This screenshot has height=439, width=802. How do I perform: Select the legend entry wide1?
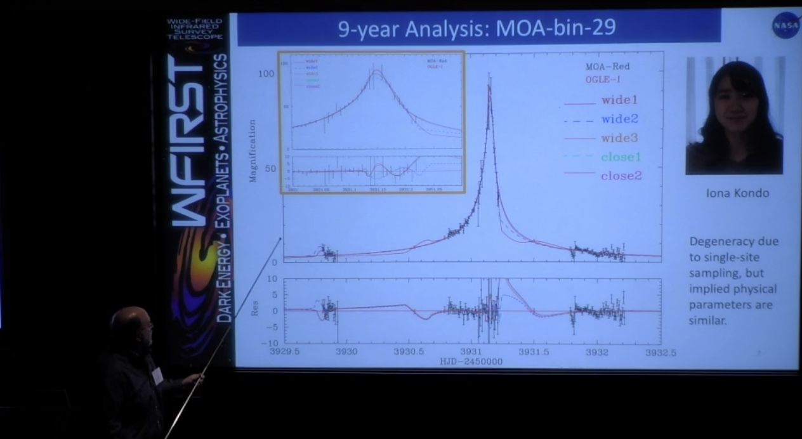pyautogui.click(x=619, y=100)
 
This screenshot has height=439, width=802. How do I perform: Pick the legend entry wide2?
pyautogui.click(x=619, y=119)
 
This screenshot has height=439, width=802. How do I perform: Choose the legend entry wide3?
pyautogui.click(x=619, y=138)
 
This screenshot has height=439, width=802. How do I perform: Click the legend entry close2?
pyautogui.click(x=621, y=176)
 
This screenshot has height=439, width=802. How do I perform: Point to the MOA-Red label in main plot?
pyautogui.click(x=607, y=66)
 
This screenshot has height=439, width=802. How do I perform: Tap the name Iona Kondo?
pyautogui.click(x=737, y=193)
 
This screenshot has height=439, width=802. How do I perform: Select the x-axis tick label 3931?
pyautogui.click(x=471, y=352)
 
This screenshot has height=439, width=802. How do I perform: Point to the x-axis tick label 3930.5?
pyautogui.click(x=409, y=352)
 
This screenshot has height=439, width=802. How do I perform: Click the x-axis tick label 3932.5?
pyautogui.click(x=661, y=352)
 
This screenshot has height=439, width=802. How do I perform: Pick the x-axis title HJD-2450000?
pyautogui.click(x=471, y=362)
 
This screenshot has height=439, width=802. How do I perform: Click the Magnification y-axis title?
pyautogui.click(x=253, y=151)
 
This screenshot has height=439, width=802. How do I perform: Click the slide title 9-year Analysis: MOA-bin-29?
pyautogui.click(x=477, y=29)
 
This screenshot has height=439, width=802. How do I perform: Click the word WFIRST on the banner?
pyautogui.click(x=193, y=140)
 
